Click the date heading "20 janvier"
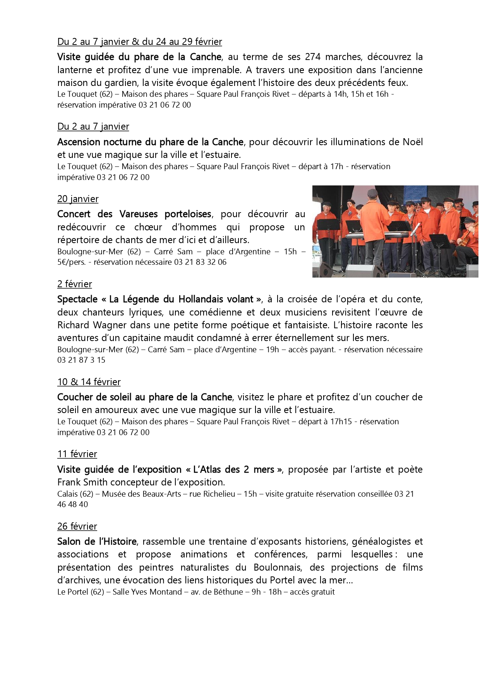tap(78, 199)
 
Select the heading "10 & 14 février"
tap(89, 382)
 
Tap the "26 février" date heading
tap(77, 526)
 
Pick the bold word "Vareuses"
tap(139, 214)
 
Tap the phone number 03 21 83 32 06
tap(200, 262)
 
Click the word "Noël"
tap(412, 142)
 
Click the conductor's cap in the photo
tap(372, 192)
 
